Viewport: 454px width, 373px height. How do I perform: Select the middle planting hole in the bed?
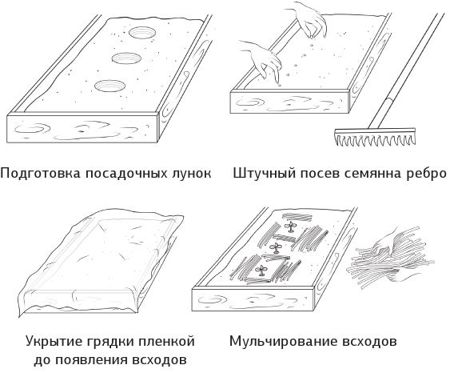pos(125,58)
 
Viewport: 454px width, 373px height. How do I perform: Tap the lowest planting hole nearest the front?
pos(107,85)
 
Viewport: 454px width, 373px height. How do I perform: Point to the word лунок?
pos(192,174)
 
